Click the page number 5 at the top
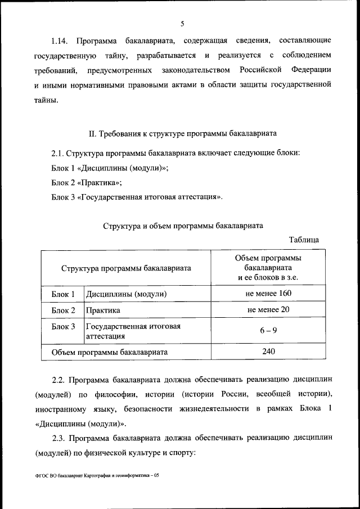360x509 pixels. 182,24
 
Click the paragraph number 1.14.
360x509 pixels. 59,41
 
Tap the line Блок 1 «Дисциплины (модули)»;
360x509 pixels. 110,168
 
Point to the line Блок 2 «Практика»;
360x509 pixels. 87,182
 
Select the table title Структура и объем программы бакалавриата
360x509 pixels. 183,226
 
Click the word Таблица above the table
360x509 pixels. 304,240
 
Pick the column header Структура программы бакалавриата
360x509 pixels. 126,268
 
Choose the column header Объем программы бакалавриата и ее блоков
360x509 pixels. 268,268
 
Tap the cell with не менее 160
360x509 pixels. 268,294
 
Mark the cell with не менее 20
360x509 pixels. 268,310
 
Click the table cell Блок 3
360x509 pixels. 63,326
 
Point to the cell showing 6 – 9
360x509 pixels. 268,331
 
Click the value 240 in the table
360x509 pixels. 268,352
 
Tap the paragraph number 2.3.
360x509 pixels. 59,437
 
